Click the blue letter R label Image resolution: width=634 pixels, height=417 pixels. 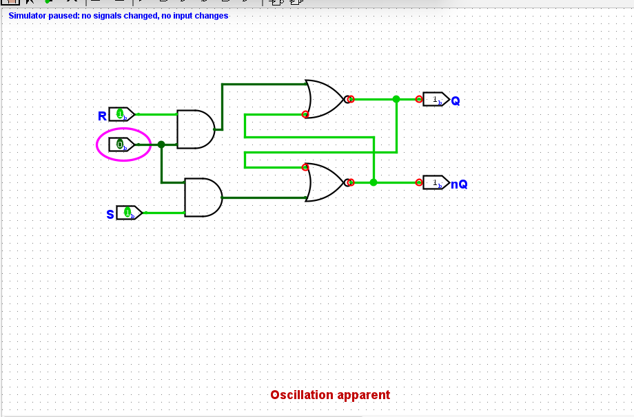click(102, 116)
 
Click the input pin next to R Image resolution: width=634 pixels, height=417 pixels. click(121, 114)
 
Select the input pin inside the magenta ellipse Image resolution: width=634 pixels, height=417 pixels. click(121, 145)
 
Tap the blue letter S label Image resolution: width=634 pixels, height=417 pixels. click(110, 215)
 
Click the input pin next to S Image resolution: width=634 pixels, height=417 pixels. click(129, 213)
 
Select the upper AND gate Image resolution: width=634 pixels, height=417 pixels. click(195, 129)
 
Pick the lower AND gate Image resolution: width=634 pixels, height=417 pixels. click(203, 197)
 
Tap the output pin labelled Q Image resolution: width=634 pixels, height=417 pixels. click(435, 100)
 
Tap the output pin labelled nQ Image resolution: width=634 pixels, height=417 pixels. click(435, 183)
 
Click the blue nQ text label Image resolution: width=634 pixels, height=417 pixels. click(459, 184)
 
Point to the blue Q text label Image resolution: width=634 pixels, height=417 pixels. click(456, 101)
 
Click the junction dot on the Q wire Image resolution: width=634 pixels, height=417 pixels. click(396, 99)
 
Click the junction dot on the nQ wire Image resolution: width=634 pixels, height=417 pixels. click(374, 182)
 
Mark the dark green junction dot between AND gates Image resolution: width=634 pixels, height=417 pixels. click(161, 145)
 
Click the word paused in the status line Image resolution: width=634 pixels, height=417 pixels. click(63, 16)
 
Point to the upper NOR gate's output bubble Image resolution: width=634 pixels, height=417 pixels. click(349, 99)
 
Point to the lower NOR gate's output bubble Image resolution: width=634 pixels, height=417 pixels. click(349, 182)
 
